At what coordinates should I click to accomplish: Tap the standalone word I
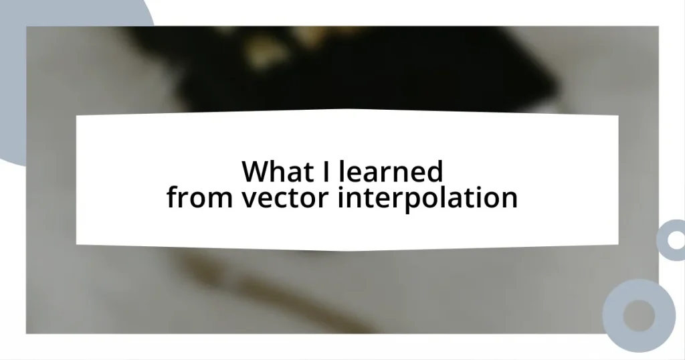326,172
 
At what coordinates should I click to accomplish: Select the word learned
391,172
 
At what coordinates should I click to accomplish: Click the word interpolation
427,198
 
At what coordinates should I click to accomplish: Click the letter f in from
172,197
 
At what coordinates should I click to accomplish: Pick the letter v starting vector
246,199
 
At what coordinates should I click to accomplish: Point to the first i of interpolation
341,197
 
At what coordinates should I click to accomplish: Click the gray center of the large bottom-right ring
639,314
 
